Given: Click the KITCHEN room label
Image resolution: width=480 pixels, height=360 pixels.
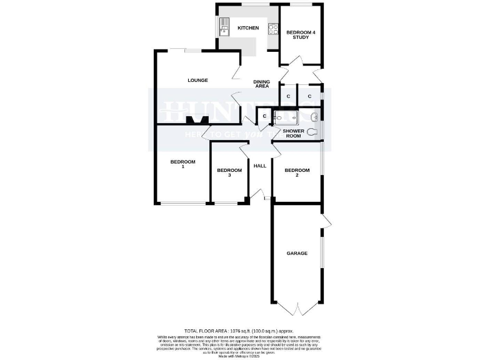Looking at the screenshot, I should click(247, 28).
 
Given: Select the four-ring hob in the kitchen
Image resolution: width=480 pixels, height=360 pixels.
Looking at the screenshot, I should click(273, 28).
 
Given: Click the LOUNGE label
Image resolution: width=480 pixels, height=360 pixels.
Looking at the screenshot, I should click(198, 80).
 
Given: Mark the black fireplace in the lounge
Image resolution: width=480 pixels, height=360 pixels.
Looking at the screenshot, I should click(197, 119).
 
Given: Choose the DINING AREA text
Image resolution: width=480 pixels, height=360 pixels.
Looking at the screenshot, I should click(261, 84).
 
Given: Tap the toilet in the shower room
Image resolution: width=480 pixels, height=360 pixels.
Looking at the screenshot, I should click(312, 131).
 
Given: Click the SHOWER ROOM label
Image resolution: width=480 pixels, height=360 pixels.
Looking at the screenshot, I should click(292, 134).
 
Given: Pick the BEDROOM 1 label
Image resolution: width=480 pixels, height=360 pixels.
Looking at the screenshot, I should click(183, 164).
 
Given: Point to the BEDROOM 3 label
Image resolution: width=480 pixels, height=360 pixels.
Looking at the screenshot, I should click(229, 173).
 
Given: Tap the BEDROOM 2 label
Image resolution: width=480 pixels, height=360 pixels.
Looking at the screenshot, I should click(297, 173).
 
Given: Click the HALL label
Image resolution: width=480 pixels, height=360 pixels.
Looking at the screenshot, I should click(260, 166).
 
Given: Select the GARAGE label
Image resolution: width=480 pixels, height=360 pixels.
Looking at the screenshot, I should click(297, 253).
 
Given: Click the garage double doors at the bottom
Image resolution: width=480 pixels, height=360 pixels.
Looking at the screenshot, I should click(297, 309).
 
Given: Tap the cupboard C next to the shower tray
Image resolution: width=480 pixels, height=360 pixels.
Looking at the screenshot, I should click(264, 116).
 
